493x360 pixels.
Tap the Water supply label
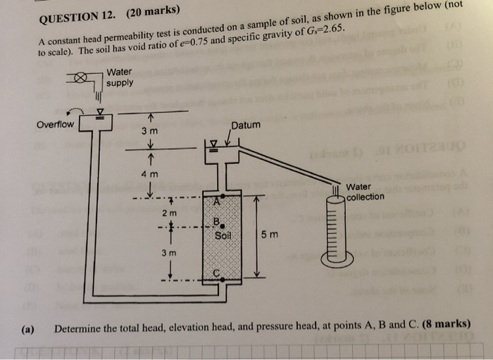(x=120, y=77)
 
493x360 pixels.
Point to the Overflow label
(x=55, y=125)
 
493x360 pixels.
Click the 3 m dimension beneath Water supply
(x=149, y=130)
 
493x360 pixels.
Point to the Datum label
(x=245, y=125)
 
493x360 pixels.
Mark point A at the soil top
(x=218, y=200)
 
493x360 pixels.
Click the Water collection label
(x=365, y=192)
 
